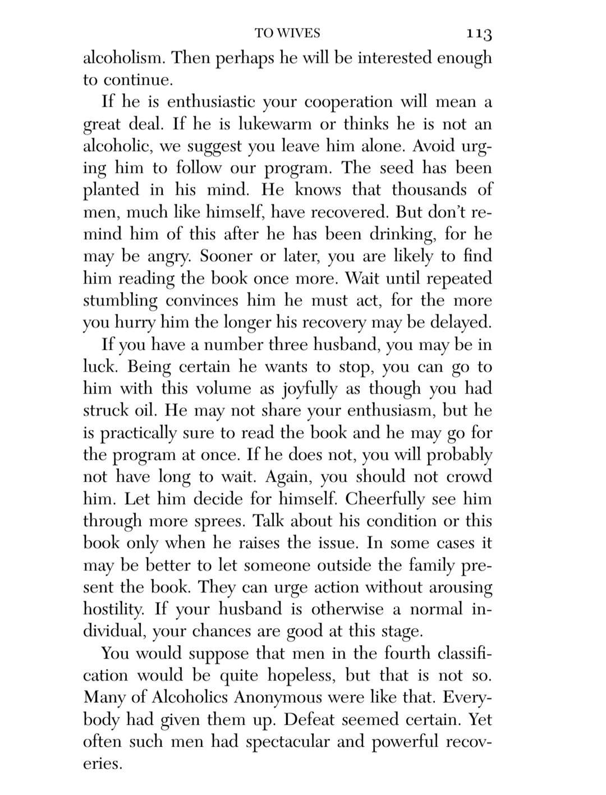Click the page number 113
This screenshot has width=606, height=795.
(x=478, y=34)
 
